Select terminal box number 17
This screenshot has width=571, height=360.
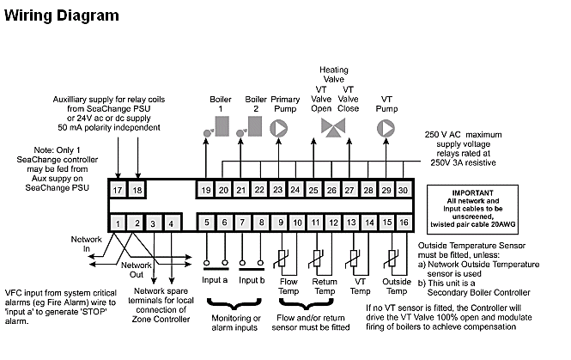coord(118,189)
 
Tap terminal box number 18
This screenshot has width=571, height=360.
coord(136,189)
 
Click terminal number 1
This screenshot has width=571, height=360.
coord(118,224)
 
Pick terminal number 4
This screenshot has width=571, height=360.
coord(172,224)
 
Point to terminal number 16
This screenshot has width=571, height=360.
coord(403,223)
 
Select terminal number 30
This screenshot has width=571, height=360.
coord(403,189)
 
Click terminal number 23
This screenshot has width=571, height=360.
coord(277,189)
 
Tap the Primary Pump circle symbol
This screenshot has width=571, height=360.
coord(278,128)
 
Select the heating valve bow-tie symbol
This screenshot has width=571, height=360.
coord(331,129)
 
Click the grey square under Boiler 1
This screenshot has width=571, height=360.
coord(222,128)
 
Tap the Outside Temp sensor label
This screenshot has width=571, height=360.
coord(396,285)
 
